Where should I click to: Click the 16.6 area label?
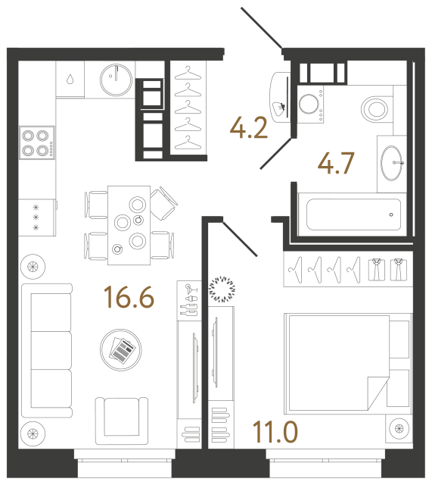pos(130,297)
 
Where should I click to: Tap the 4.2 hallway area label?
pos(250,129)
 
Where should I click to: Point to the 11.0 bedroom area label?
pos(276,433)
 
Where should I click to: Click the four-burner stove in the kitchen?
pos(36,141)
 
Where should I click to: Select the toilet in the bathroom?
pos(376,108)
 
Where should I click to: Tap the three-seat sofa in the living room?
pos(46,351)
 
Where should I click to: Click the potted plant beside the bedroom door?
pos(222,288)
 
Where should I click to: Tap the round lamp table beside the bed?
pos(399,430)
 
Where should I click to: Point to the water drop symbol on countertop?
pos(70,78)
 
